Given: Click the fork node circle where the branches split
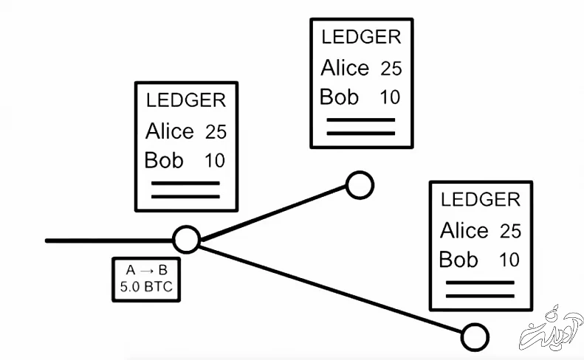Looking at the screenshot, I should [x=186, y=239].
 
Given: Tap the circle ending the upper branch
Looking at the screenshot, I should [x=360, y=185].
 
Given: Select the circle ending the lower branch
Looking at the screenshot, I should [x=475, y=337].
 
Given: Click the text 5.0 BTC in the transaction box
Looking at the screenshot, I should [x=146, y=287].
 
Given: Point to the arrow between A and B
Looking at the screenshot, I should [x=146, y=270].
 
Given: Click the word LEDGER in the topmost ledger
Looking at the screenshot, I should [x=361, y=37].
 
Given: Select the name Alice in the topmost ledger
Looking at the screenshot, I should [x=345, y=68].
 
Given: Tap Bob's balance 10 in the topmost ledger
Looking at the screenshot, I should [x=390, y=97].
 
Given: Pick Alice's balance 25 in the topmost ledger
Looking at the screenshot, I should [x=391, y=69].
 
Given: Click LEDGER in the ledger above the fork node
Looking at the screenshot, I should [x=186, y=100].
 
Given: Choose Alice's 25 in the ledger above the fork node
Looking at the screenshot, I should [x=216, y=132].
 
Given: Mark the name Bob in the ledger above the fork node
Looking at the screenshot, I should [x=163, y=160].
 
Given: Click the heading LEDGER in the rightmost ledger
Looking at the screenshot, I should [x=480, y=199].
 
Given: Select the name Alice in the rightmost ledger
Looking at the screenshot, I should [x=464, y=231].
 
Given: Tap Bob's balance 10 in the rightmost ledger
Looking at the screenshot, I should [x=509, y=260].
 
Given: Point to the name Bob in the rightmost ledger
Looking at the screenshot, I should [x=458, y=260].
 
